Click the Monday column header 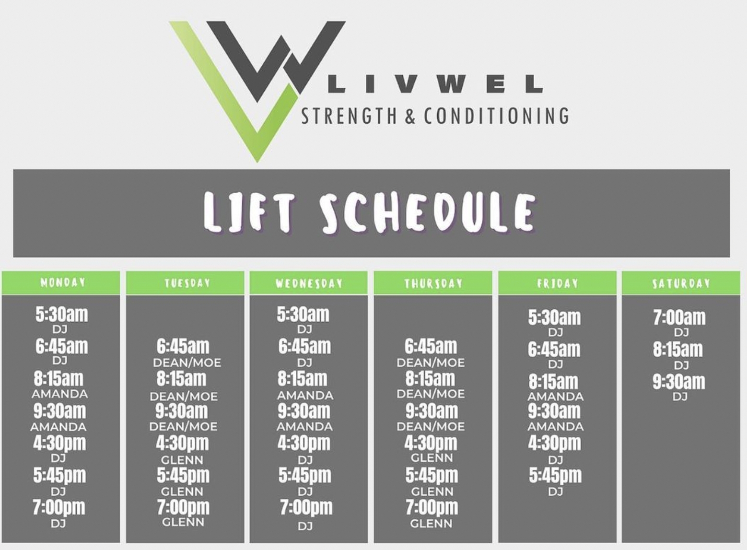click(x=62, y=282)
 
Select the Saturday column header click(x=681, y=283)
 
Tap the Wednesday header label click(x=309, y=283)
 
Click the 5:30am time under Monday click(x=62, y=315)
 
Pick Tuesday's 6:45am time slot click(x=183, y=347)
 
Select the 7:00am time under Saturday click(x=679, y=317)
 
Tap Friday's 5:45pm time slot click(x=555, y=475)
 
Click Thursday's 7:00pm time click(x=432, y=507)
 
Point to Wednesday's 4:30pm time click(x=304, y=443)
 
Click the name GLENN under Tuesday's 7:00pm click(x=183, y=522)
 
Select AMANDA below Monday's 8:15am click(x=60, y=394)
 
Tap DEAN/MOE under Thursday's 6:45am click(x=431, y=363)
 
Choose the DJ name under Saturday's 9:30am click(x=680, y=397)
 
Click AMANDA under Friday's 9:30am click(x=556, y=426)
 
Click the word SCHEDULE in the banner click(x=428, y=212)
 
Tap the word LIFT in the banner click(x=249, y=212)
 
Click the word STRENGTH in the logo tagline click(x=350, y=116)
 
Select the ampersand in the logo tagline click(x=411, y=116)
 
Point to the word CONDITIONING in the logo click(x=497, y=116)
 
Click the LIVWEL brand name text click(x=436, y=84)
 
